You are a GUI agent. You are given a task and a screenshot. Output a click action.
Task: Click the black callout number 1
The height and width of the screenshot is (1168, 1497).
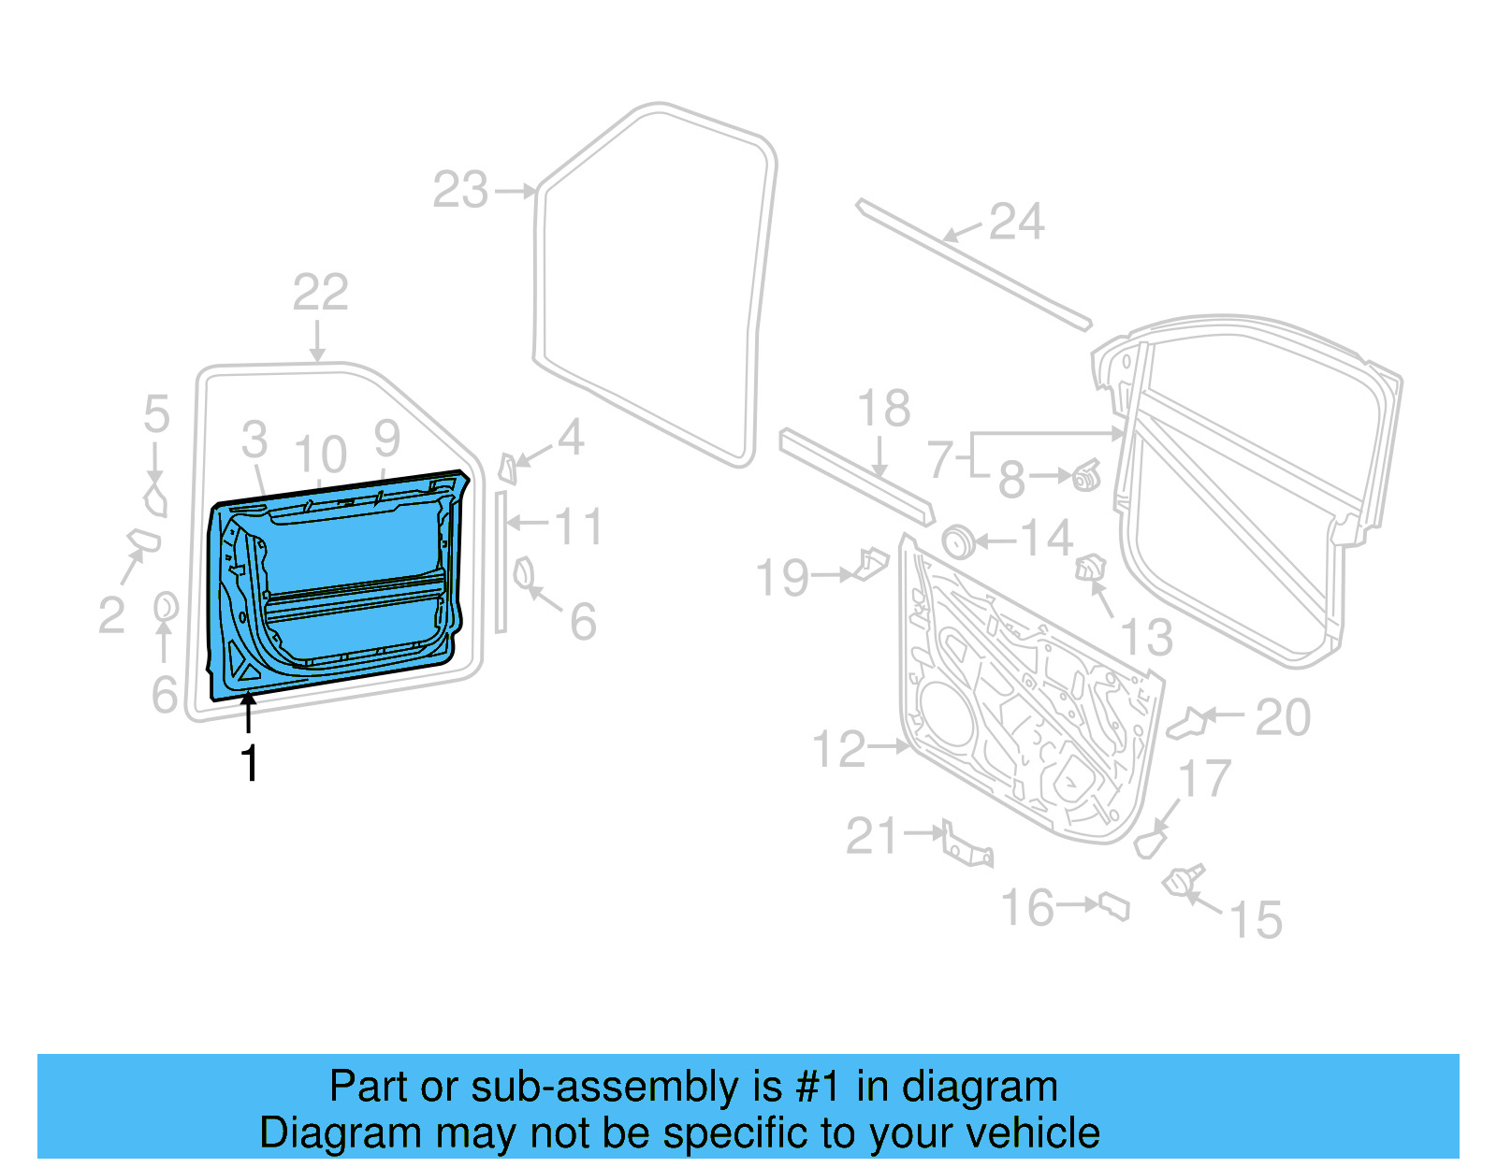tap(249, 764)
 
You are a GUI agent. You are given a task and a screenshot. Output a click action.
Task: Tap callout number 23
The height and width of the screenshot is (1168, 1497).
tap(460, 191)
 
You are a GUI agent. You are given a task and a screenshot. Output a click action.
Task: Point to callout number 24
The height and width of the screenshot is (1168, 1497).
tap(1015, 223)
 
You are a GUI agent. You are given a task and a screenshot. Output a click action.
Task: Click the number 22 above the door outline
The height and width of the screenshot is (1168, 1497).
tap(320, 293)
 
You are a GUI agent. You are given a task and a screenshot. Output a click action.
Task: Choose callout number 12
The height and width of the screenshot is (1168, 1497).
tap(839, 750)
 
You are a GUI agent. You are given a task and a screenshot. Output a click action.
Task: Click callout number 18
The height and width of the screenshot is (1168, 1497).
tap(883, 409)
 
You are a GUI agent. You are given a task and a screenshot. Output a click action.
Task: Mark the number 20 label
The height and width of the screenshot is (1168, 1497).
tap(1283, 717)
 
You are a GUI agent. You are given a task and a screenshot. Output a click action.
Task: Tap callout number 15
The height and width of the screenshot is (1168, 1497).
tap(1255, 920)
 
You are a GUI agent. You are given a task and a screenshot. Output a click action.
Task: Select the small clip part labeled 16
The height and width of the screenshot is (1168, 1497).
tap(1114, 906)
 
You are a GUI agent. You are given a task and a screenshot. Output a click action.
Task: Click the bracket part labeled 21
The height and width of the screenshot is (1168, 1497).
tap(967, 845)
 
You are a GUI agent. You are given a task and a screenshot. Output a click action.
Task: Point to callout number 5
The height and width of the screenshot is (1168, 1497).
tap(156, 413)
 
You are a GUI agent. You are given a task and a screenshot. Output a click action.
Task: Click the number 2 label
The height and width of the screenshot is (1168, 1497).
tap(111, 616)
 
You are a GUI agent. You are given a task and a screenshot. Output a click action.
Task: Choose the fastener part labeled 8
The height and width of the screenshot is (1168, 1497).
tap(1086, 477)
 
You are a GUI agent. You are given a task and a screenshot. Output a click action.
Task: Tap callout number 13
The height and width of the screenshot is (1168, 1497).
tap(1146, 638)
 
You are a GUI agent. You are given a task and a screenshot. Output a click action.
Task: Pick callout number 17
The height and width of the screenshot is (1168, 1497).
tap(1204, 779)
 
